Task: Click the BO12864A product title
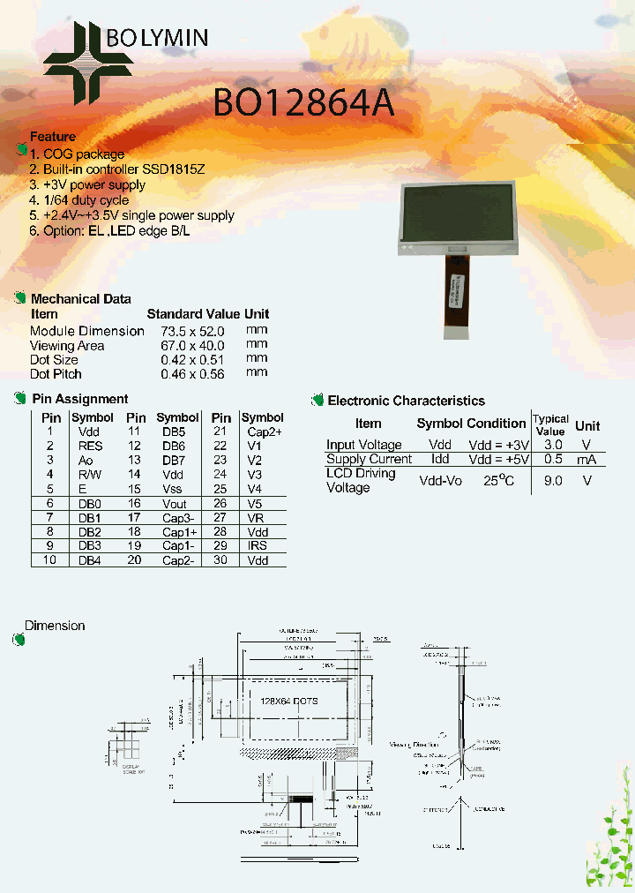(303, 105)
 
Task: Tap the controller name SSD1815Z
(174, 169)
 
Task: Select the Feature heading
(53, 137)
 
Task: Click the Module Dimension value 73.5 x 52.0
(192, 331)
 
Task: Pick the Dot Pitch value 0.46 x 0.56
(192, 374)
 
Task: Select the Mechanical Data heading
(80, 299)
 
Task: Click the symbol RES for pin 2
(91, 446)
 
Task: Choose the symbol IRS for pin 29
(258, 545)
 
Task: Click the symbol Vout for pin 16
(175, 503)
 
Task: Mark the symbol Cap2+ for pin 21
(264, 431)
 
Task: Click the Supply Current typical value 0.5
(553, 459)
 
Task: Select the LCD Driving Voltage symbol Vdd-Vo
(440, 480)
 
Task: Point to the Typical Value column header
(550, 424)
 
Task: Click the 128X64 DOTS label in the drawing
(289, 700)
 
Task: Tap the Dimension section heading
(55, 626)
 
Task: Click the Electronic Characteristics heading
(407, 401)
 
